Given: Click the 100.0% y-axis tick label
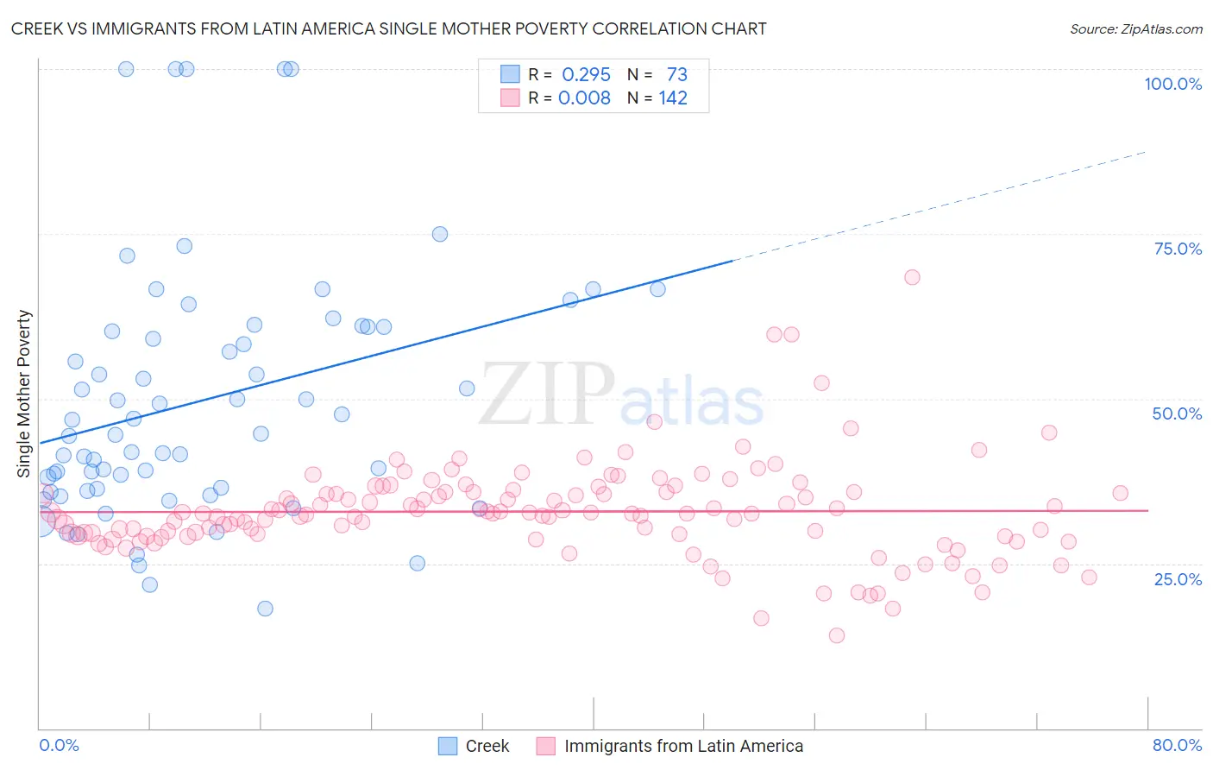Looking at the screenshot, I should [1172, 84].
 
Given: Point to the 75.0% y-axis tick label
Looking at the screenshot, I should [1178, 249].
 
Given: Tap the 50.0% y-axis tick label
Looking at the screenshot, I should [1177, 413].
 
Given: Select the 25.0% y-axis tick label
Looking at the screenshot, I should [1178, 578].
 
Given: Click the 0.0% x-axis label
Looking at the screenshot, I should [59, 745].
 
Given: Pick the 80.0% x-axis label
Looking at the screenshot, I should [1177, 745].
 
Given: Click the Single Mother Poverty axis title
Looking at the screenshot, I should [24, 394].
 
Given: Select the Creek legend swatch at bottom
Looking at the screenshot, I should [448, 746].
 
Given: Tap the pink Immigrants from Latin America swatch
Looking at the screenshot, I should [545, 746].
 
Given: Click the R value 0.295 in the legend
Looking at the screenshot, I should [586, 75].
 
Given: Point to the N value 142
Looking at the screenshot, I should [673, 98].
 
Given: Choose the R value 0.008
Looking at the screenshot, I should [584, 98].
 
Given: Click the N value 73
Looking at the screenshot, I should [676, 75].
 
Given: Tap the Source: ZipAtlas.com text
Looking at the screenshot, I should [1135, 28].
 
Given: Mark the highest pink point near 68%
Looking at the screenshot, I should [912, 277].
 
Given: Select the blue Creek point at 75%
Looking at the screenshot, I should [440, 234].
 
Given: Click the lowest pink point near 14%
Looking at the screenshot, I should [836, 635].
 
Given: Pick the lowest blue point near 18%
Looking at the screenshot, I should [265, 609].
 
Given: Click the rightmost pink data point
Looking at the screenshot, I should [1120, 493].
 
